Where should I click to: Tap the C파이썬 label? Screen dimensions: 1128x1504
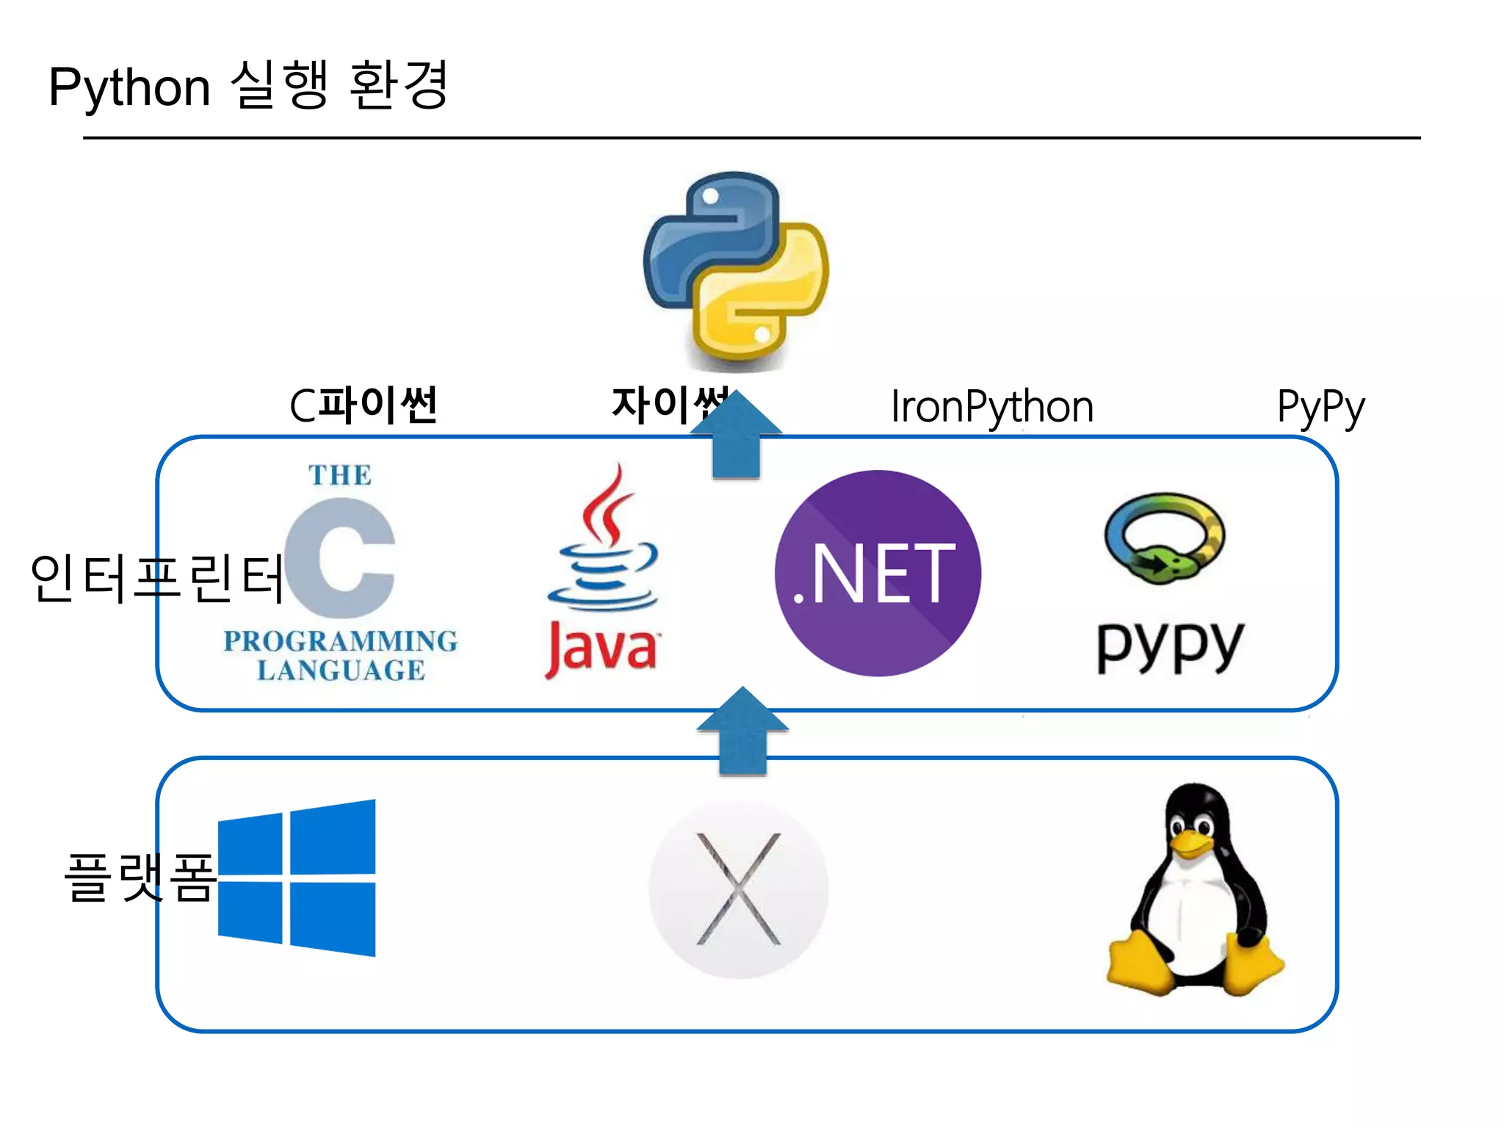(x=364, y=405)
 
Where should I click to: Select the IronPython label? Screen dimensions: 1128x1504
(x=991, y=408)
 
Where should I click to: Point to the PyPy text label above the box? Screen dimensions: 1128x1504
(x=1320, y=408)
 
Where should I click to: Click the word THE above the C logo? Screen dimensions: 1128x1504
(x=339, y=475)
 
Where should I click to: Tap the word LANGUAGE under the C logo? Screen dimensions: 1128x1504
(x=341, y=670)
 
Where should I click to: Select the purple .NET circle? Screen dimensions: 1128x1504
(x=878, y=573)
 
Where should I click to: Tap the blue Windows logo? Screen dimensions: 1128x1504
(x=297, y=878)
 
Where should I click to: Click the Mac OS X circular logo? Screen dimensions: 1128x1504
(x=738, y=889)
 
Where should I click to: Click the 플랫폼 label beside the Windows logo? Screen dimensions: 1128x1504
(x=140, y=877)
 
